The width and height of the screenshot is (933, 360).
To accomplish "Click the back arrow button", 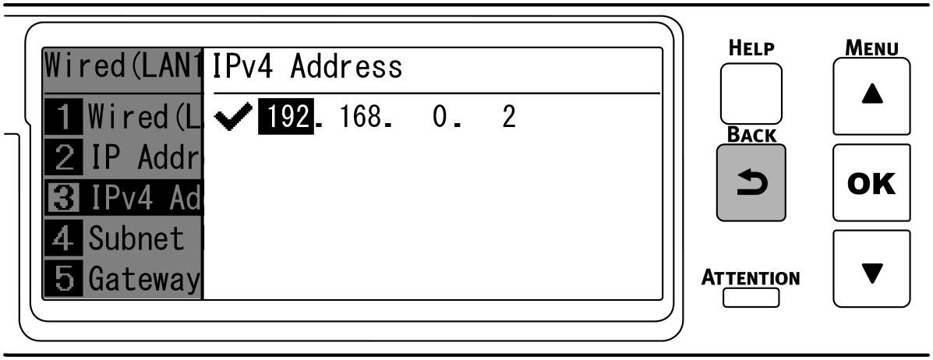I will coord(751,182).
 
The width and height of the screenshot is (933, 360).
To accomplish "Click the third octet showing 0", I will coord(439,118).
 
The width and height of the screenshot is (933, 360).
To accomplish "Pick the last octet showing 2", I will coord(508,118).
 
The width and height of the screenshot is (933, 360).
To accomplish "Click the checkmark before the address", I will coord(235,118).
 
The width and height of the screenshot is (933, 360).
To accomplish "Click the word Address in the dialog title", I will coord(346,67).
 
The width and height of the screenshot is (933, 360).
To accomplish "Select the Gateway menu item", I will coord(144,278).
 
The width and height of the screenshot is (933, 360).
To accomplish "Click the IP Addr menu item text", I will coord(144,159).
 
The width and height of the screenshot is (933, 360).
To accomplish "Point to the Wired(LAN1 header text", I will coord(123,65).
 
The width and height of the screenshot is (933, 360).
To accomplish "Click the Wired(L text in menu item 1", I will coord(144,118).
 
